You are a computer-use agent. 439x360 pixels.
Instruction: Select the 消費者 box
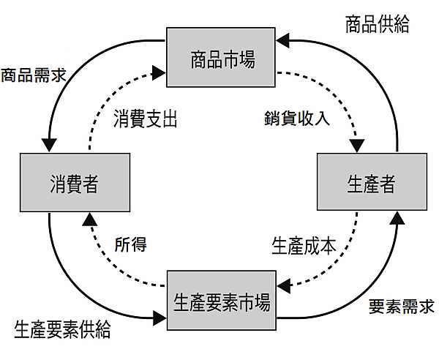[x=74, y=183]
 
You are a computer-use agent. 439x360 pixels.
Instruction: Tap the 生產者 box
[x=369, y=183]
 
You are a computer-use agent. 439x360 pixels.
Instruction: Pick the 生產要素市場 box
[x=222, y=301]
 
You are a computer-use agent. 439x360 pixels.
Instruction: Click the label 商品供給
[x=377, y=24]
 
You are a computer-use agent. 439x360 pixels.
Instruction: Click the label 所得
[x=131, y=244]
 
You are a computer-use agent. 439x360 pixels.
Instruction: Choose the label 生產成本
[x=304, y=244]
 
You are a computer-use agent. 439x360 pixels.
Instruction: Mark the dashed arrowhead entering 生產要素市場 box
[x=283, y=284]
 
